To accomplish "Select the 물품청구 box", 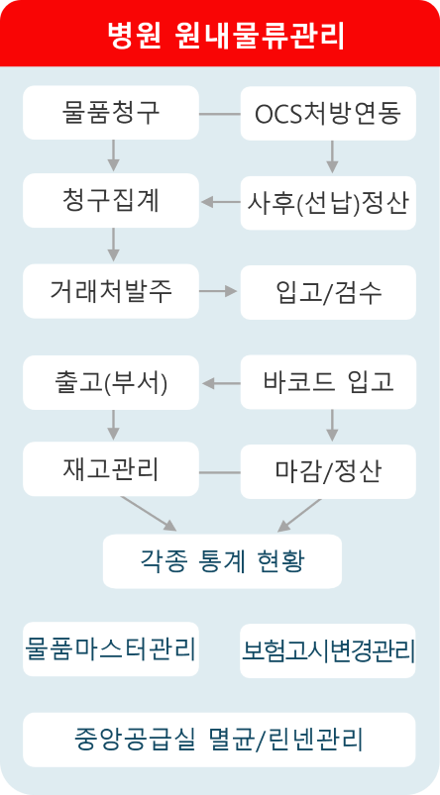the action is click(x=111, y=113).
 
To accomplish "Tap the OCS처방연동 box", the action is click(x=328, y=113).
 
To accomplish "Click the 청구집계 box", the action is click(x=111, y=201).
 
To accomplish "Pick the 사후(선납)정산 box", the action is click(x=328, y=203).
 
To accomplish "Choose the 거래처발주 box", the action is click(x=111, y=291).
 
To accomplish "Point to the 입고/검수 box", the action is click(x=328, y=292).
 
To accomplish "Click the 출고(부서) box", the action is click(x=111, y=383).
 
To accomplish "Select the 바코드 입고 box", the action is click(x=328, y=382).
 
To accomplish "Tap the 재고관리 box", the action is click(x=111, y=469).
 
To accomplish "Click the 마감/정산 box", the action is click(x=328, y=471).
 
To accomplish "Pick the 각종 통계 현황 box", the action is click(x=222, y=561).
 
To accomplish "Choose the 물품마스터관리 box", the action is click(x=111, y=649).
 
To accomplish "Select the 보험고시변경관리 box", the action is click(x=328, y=650).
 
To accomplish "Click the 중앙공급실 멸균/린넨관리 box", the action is click(x=219, y=740).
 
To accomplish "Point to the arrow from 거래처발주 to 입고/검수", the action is click(x=218, y=291).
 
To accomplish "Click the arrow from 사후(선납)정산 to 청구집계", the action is click(x=221, y=202).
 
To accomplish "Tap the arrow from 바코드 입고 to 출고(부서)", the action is click(x=221, y=384).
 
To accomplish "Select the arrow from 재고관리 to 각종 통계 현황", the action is click(x=149, y=514).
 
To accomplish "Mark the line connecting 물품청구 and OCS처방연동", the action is click(x=220, y=114).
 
